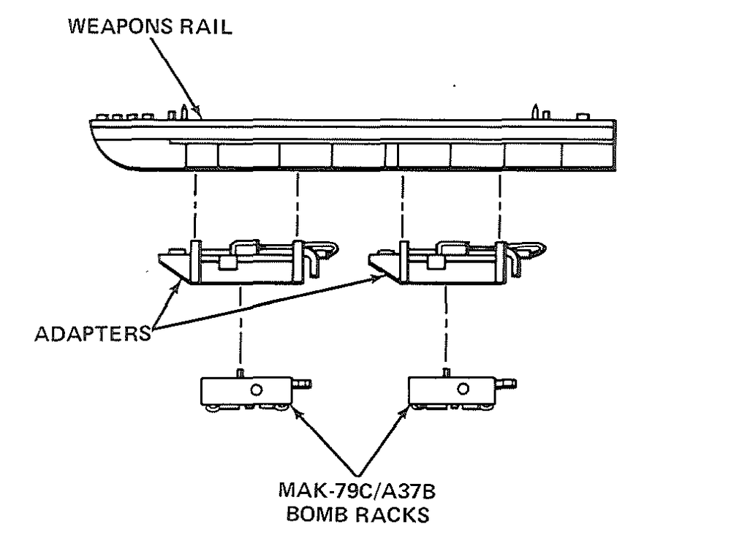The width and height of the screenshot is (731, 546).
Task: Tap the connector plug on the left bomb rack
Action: tap(301, 383)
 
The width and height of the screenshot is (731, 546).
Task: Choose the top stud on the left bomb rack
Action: tap(239, 373)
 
